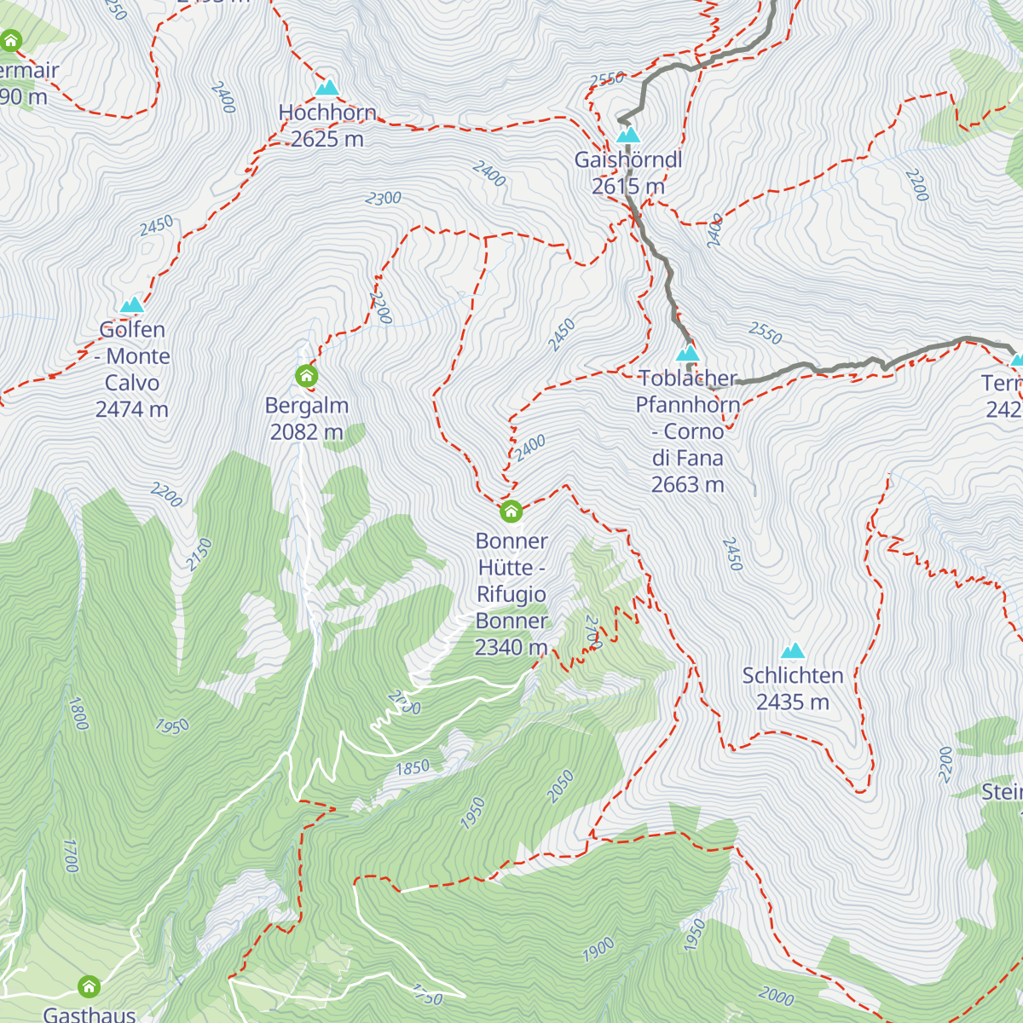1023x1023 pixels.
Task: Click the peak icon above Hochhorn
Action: click(327, 88)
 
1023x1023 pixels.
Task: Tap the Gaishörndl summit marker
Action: click(628, 135)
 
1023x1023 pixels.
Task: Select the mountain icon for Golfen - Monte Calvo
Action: click(131, 305)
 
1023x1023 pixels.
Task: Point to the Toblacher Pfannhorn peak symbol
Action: click(687, 353)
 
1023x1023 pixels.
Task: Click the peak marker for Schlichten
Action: click(793, 651)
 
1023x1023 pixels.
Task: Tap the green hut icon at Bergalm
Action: click(306, 375)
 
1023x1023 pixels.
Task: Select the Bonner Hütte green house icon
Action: click(511, 511)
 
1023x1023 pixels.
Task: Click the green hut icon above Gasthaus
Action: click(89, 987)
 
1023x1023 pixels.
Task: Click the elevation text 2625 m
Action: click(327, 139)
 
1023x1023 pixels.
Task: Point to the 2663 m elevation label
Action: click(687, 485)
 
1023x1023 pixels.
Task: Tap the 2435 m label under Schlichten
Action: click(793, 702)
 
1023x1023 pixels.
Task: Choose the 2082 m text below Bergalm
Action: click(306, 432)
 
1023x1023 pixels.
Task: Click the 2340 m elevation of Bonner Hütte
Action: click(511, 648)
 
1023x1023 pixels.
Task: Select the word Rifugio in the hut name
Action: click(511, 594)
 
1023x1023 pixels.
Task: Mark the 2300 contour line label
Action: click(383, 199)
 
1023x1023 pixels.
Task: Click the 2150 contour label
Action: click(199, 554)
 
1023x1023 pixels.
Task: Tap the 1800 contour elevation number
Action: click(78, 714)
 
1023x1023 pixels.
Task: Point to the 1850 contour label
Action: click(413, 767)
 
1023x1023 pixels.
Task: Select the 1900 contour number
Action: click(598, 949)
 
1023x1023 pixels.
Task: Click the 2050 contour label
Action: click(560, 786)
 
